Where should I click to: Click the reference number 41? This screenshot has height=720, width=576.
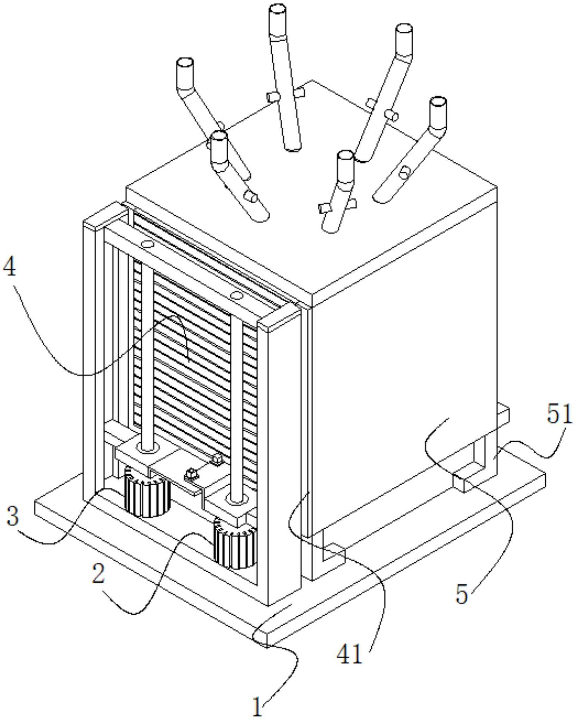[x=349, y=654]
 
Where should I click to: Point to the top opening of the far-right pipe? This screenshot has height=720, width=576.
[x=438, y=102]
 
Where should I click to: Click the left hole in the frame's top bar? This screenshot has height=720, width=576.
[x=147, y=244]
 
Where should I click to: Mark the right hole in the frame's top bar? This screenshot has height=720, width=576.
[x=236, y=295]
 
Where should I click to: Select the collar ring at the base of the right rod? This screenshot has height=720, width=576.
[x=237, y=499]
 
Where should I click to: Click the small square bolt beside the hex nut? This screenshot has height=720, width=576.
[x=217, y=459]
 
